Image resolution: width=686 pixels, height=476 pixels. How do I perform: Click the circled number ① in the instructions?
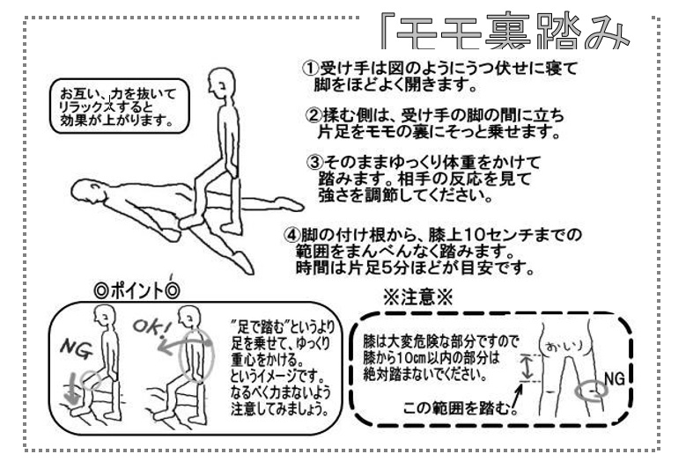pyautogui.click(x=309, y=69)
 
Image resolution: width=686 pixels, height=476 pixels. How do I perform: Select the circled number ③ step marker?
pyautogui.click(x=314, y=163)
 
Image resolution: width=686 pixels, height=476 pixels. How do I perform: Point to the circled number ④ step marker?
pyautogui.click(x=291, y=235)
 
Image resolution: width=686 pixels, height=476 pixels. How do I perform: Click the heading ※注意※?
pyautogui.click(x=417, y=297)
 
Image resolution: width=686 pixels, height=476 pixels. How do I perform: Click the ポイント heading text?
pyautogui.click(x=137, y=290)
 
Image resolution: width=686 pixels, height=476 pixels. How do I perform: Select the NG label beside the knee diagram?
pyautogui.click(x=615, y=378)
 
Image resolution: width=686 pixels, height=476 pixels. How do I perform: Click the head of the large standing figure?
pyautogui.click(x=221, y=84)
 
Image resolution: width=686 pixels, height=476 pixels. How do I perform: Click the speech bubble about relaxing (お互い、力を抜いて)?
pyautogui.click(x=120, y=106)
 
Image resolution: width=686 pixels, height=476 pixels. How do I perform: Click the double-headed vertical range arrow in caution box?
pyautogui.click(x=527, y=368)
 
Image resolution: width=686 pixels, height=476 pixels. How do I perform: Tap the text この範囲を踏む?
pyautogui.click(x=456, y=408)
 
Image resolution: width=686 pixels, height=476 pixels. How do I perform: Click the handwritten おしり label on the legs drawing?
pyautogui.click(x=564, y=347)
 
